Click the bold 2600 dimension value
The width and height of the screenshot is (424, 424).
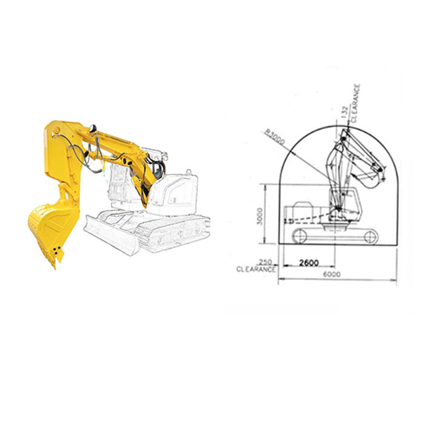click(x=309, y=262)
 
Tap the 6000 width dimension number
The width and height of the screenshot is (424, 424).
click(x=332, y=274)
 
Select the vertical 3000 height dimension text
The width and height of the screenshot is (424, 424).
click(x=260, y=216)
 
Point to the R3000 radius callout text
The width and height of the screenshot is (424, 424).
click(x=275, y=136)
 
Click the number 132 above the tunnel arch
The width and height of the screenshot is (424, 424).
click(x=344, y=112)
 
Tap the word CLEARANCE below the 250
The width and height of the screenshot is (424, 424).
click(x=256, y=270)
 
